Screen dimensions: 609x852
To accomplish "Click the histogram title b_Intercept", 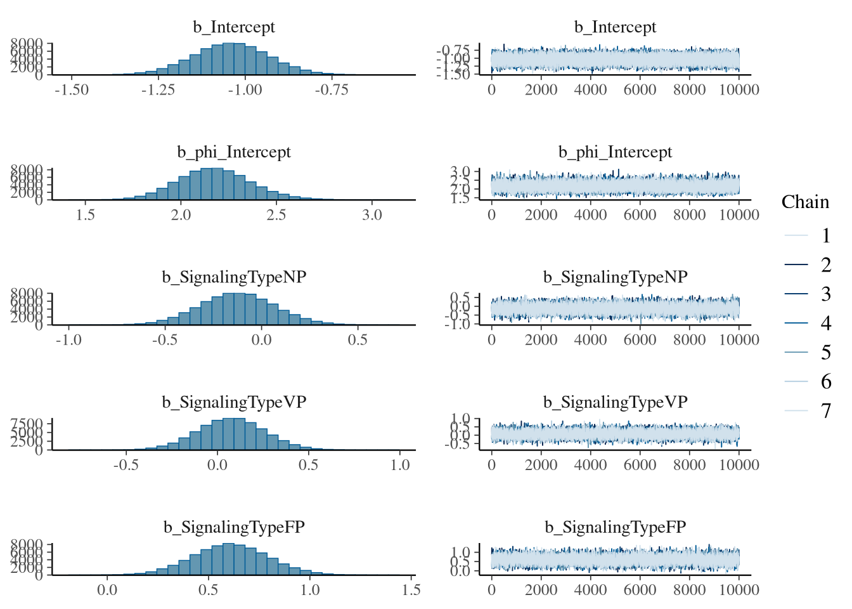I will click(234, 27).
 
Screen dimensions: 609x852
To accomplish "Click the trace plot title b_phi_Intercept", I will click(615, 152).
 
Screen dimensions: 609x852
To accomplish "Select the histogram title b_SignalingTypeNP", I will click(234, 277).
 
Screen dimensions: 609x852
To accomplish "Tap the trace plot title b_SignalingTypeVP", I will click(615, 402).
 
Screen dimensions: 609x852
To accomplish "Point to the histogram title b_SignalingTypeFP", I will click(234, 527).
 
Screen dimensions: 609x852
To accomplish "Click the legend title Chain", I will click(805, 202).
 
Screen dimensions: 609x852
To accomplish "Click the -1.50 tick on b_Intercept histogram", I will click(72, 90).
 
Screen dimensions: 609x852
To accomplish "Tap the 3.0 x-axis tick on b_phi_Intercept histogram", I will click(372, 215).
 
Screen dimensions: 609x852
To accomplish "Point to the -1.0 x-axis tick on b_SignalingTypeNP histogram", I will click(68, 340).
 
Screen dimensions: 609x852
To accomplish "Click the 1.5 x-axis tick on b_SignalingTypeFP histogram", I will click(411, 590).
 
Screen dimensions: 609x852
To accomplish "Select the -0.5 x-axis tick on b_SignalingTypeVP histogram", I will click(126, 465).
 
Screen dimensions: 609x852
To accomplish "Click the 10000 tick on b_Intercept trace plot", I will click(739, 90).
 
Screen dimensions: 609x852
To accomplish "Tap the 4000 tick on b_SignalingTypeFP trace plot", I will click(591, 590).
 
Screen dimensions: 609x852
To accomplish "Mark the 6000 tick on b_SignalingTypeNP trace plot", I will click(640, 340).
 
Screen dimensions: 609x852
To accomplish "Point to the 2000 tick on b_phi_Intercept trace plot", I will click(541, 215).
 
